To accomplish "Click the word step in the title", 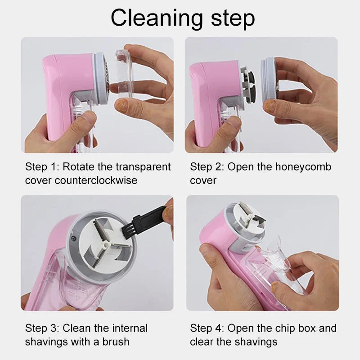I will (229, 19).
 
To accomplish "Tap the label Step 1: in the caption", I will (42, 167).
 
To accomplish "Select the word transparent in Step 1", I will (144, 167).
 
